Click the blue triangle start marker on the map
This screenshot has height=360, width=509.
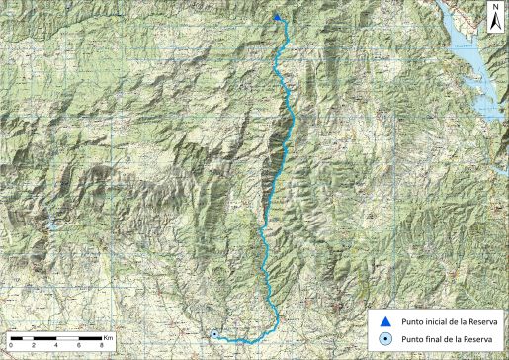[x=278, y=17]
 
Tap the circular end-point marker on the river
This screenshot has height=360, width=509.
[x=214, y=334]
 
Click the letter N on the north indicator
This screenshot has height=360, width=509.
[x=496, y=7]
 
